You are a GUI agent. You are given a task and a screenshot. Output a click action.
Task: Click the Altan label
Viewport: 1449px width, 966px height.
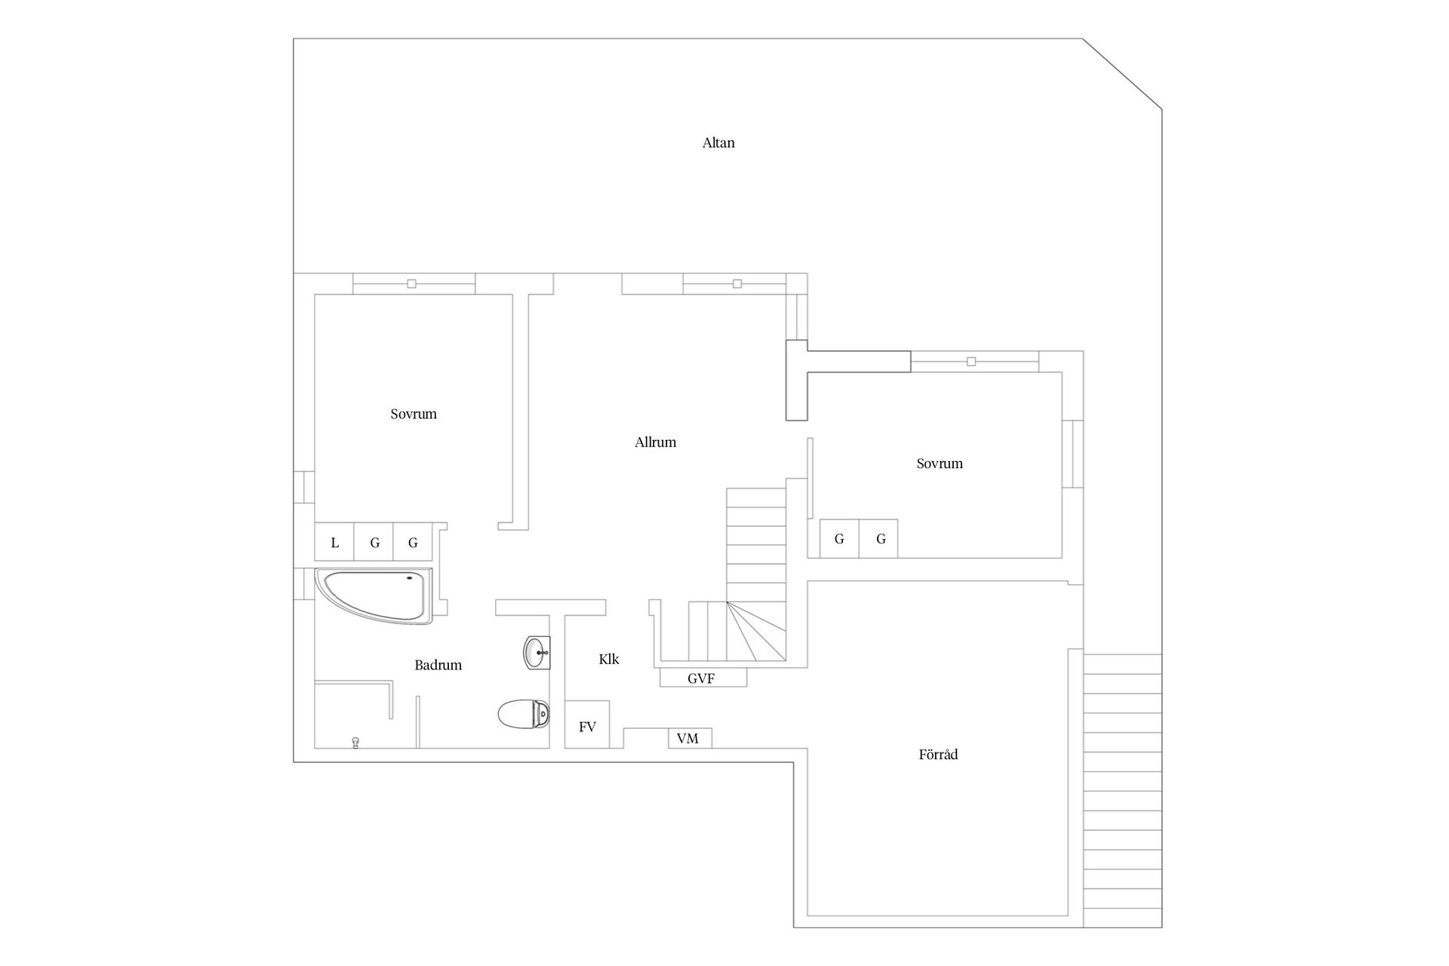[x=718, y=143]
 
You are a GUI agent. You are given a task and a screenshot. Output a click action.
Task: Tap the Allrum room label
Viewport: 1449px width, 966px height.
[x=655, y=442]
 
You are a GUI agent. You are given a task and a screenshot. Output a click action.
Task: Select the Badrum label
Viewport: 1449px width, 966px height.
[x=438, y=665]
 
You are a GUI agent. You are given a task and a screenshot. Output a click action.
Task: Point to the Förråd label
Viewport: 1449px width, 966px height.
[x=938, y=754]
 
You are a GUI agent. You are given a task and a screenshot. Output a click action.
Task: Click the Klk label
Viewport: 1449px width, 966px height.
[x=608, y=659]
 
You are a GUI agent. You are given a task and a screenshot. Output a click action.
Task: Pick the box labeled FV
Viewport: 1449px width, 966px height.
[x=587, y=725]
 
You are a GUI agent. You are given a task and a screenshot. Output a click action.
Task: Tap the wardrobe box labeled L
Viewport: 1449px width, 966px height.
[x=334, y=542]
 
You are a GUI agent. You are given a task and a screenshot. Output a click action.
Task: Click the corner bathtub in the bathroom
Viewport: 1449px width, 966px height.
[x=374, y=595]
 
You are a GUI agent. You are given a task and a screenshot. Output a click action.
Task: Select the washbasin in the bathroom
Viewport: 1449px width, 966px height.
[x=537, y=652]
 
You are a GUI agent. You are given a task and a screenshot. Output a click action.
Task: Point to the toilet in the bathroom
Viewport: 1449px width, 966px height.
[x=523, y=713]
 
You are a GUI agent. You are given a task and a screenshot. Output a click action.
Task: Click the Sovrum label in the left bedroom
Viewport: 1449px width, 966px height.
[x=414, y=414]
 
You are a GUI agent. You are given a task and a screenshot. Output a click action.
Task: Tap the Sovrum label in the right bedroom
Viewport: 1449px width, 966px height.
[x=940, y=463]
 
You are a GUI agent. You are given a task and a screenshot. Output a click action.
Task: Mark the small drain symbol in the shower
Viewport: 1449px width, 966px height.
[x=355, y=743]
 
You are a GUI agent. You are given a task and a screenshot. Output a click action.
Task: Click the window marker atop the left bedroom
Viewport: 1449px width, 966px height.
[x=411, y=284]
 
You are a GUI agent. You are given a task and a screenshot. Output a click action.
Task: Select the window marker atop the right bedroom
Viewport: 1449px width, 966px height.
[x=971, y=361]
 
